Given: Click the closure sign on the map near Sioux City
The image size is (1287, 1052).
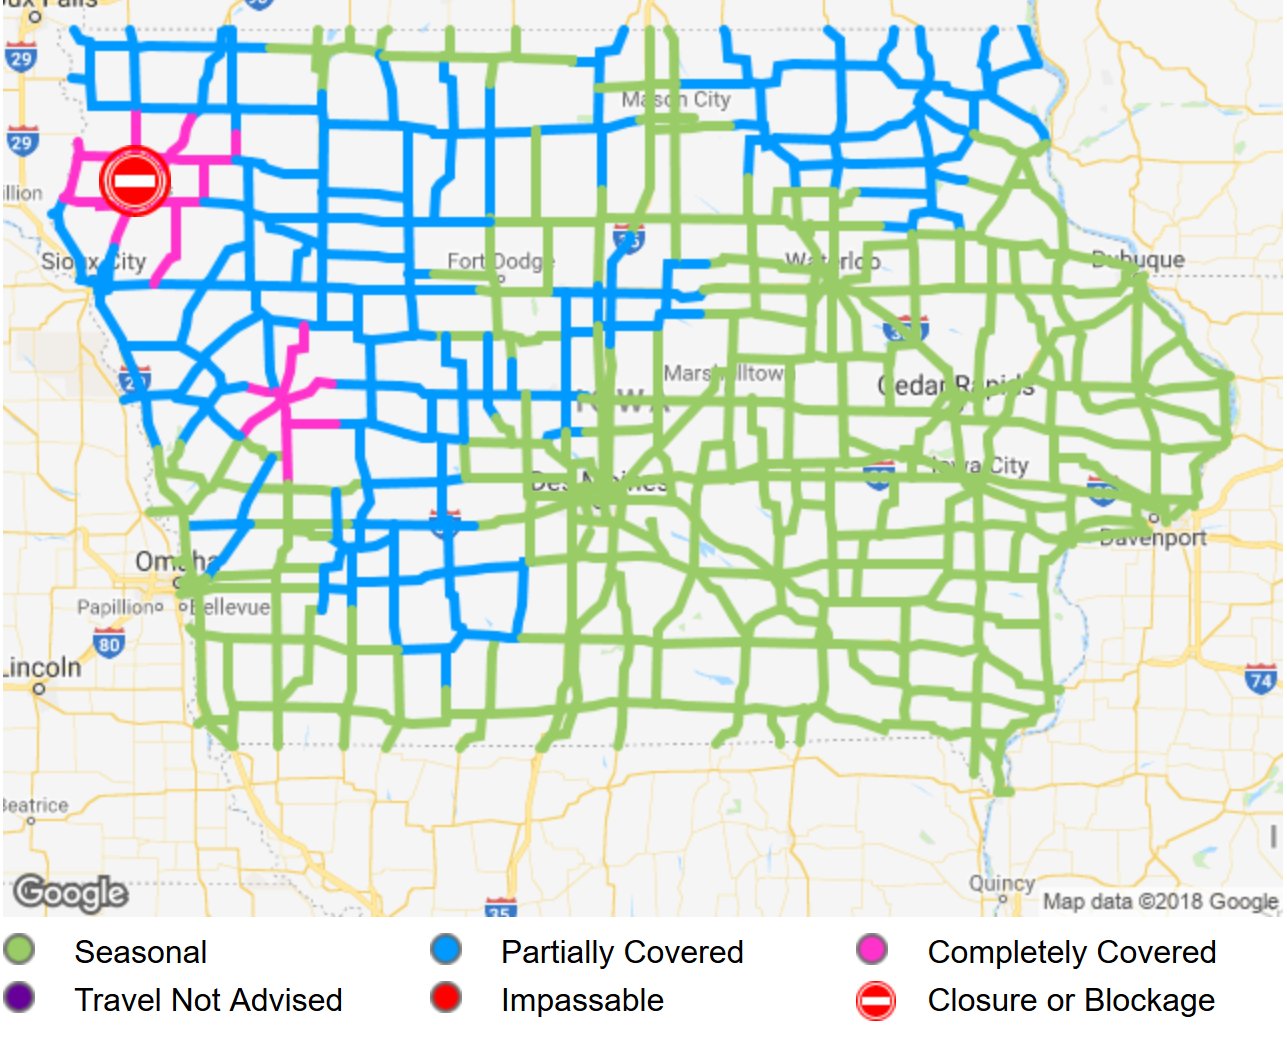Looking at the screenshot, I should (x=134, y=181).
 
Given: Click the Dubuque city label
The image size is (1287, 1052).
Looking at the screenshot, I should (x=1138, y=259).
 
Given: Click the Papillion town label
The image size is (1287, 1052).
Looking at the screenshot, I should (x=119, y=607).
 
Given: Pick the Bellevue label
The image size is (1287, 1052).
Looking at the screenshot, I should (x=229, y=607).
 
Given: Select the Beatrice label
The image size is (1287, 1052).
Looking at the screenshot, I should (x=35, y=805).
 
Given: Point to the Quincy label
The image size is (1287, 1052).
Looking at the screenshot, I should (x=1001, y=884).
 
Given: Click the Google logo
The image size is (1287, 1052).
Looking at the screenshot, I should (x=71, y=892).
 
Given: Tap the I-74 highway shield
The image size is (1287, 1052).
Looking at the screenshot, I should (x=1260, y=680).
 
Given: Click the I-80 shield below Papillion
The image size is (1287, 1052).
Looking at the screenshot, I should (x=108, y=643).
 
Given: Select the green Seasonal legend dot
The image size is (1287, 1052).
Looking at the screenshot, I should (x=19, y=951).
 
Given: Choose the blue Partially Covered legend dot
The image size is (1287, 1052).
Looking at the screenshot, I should (x=446, y=950).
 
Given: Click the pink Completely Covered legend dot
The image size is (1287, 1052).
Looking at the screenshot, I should (x=872, y=950).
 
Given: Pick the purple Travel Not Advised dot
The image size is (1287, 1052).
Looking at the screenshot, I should (x=19, y=998).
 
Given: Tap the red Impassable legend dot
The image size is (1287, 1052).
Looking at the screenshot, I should (x=446, y=998).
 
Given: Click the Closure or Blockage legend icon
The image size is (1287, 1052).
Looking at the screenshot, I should (x=876, y=1000).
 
